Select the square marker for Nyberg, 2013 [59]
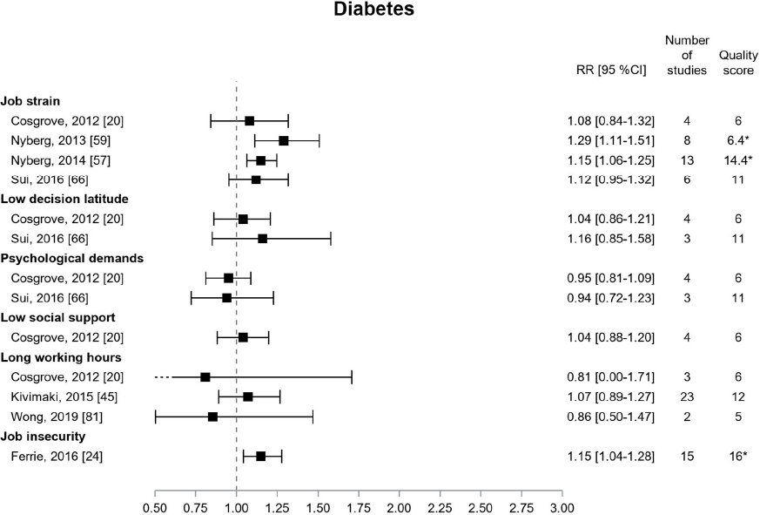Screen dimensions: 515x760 pyautogui.click(x=283, y=140)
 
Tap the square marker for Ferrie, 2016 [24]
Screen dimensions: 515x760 pyautogui.click(x=260, y=456)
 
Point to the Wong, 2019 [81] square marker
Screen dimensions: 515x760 pyautogui.click(x=212, y=417)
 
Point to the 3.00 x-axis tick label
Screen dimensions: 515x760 pyautogui.click(x=562, y=506)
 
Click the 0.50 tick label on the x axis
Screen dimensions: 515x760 pyautogui.click(x=155, y=506)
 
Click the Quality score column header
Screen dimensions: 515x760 pyautogui.click(x=736, y=63)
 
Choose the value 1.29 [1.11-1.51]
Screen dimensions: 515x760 pyautogui.click(x=610, y=140)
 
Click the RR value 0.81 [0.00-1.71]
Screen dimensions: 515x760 pyautogui.click(x=610, y=377)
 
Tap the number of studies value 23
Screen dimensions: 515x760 pyautogui.click(x=687, y=396)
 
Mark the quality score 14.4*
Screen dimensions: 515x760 pyautogui.click(x=736, y=160)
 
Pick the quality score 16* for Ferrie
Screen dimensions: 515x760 pyautogui.click(x=736, y=456)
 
